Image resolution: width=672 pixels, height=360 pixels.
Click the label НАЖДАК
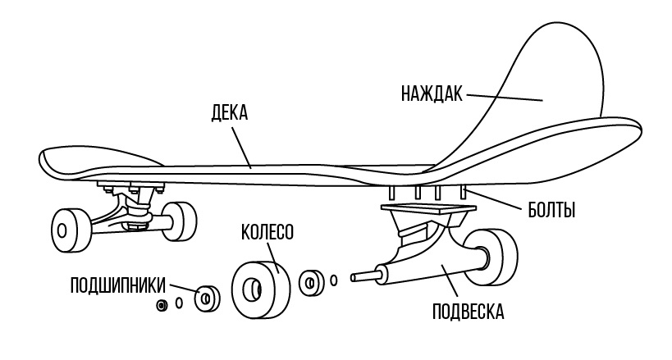coord(432,93)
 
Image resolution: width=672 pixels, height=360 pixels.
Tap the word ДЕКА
coord(229,112)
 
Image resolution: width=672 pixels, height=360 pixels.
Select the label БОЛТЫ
coord(551,210)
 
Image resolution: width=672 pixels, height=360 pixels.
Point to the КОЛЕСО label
coord(267,232)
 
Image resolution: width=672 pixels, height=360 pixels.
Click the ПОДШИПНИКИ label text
coord(118,285)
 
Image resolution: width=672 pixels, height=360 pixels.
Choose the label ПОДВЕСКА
coord(468,312)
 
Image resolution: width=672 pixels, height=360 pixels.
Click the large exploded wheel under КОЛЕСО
coord(261,289)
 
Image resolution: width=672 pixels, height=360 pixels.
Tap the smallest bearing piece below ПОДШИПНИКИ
coord(162,306)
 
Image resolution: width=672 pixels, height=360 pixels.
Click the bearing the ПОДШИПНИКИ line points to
coord(207,298)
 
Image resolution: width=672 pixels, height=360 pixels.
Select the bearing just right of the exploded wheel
coord(312,283)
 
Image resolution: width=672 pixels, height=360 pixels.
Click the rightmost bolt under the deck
coord(463,192)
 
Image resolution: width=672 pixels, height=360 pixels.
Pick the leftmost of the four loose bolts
coord(391,193)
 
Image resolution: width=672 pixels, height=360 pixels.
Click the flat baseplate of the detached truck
coord(428,210)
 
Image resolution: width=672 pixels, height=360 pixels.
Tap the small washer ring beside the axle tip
coord(334,280)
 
